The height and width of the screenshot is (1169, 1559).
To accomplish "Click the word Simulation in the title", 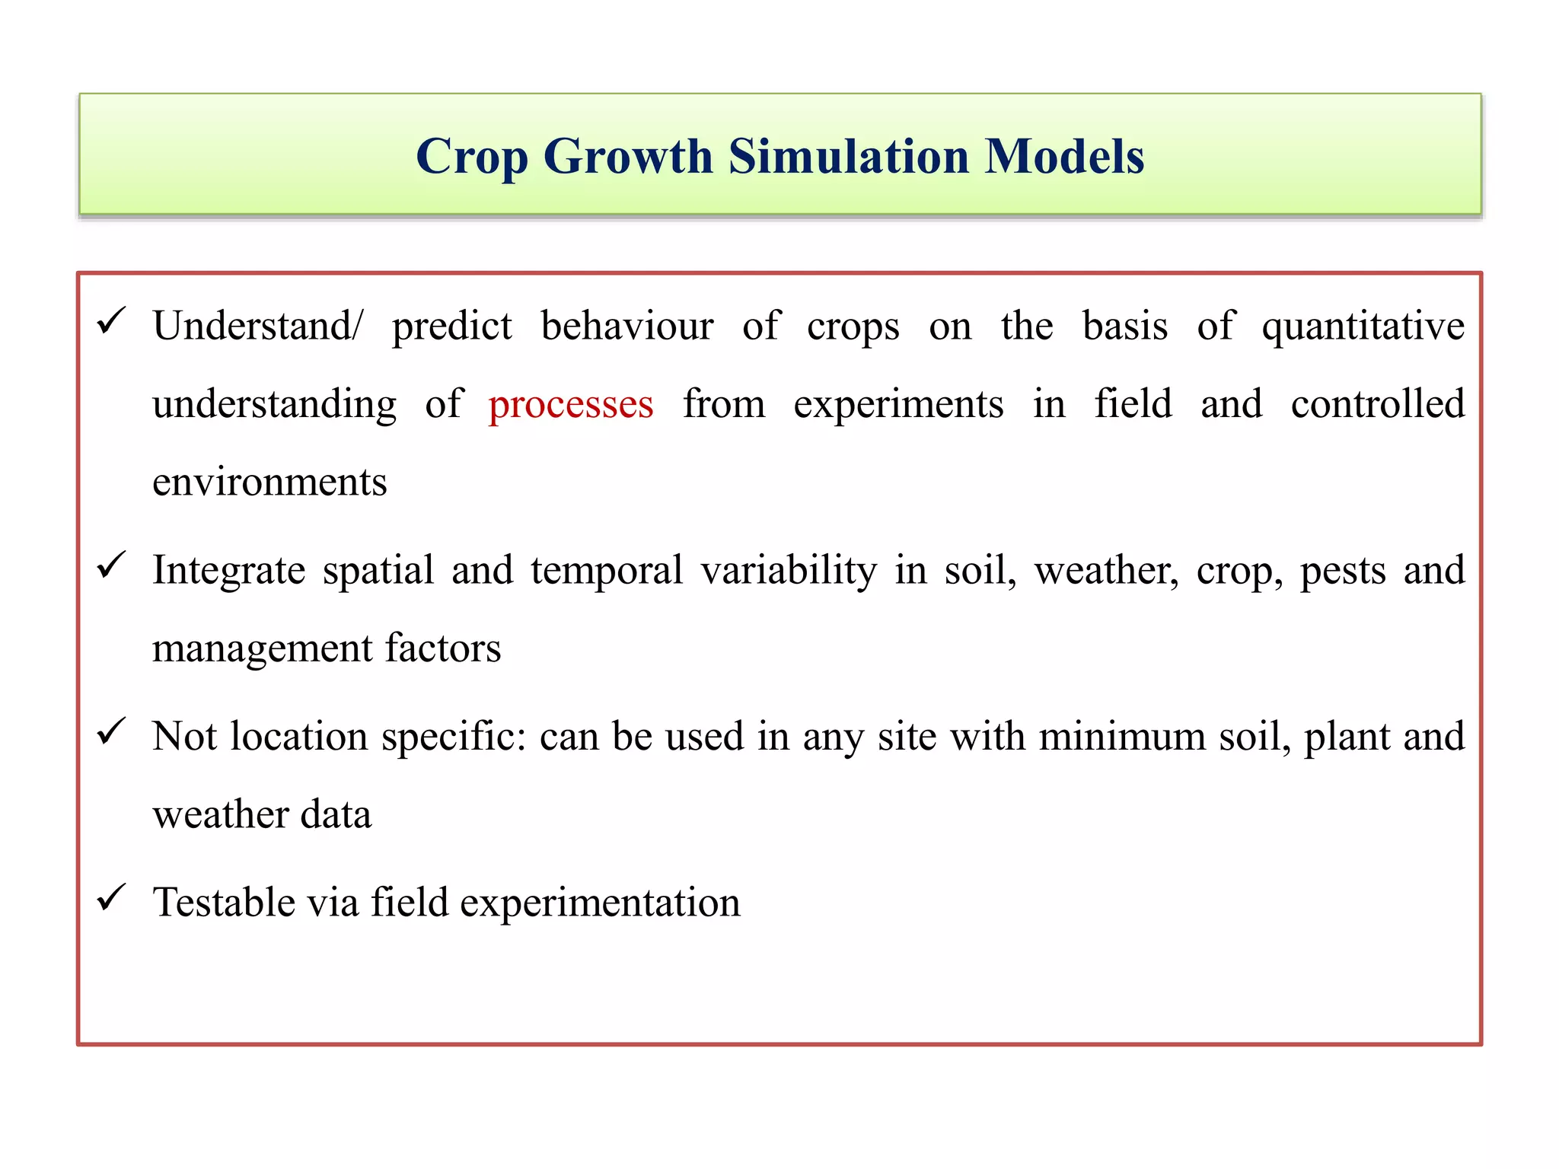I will pyautogui.click(x=850, y=157).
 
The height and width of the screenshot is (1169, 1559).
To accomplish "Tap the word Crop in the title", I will pyautogui.click(x=471, y=158).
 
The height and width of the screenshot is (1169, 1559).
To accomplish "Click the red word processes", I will pyautogui.click(x=570, y=405).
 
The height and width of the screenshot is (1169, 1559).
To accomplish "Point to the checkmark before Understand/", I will pyautogui.click(x=111, y=321).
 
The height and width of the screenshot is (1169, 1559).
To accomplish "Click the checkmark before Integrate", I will pyautogui.click(x=111, y=565).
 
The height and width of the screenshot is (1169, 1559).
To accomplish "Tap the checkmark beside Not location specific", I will pyautogui.click(x=111, y=732).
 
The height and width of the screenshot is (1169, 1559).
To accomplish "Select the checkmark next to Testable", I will pyautogui.click(x=111, y=898).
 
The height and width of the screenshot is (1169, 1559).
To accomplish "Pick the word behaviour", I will pyautogui.click(x=627, y=326).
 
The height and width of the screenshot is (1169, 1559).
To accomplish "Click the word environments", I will pyautogui.click(x=269, y=483).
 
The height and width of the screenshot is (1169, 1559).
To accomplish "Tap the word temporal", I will pyautogui.click(x=607, y=571).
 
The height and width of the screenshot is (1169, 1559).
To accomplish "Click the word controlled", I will pyautogui.click(x=1377, y=403).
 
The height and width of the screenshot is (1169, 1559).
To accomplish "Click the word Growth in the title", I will pyautogui.click(x=628, y=157).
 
